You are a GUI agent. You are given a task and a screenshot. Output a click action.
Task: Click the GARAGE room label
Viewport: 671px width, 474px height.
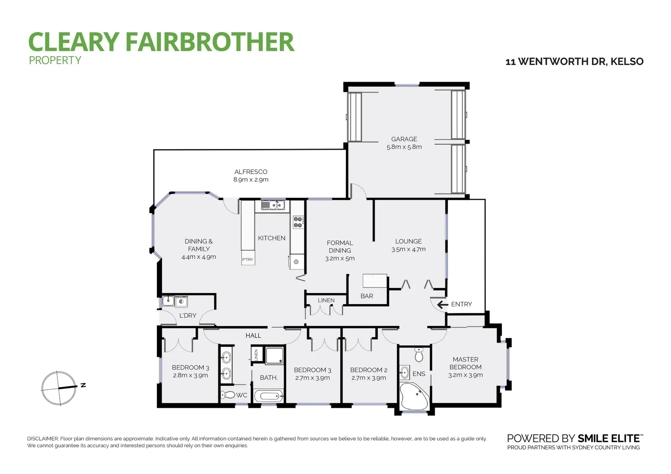pyautogui.click(x=404, y=139)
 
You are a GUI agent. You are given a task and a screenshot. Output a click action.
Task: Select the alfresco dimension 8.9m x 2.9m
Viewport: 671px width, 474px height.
pyautogui.click(x=251, y=180)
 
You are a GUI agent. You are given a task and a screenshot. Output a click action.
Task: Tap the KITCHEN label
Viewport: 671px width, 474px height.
pyautogui.click(x=271, y=238)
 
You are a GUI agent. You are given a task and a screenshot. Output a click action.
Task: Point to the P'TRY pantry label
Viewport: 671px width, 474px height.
pyautogui.click(x=248, y=259)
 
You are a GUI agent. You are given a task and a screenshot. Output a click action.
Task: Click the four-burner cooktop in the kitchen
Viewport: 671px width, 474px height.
pyautogui.click(x=298, y=222)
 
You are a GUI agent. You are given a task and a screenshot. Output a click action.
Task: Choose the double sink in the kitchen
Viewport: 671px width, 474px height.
pyautogui.click(x=273, y=205)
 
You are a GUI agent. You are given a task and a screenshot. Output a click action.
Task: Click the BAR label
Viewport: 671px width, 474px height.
pyautogui.click(x=367, y=296)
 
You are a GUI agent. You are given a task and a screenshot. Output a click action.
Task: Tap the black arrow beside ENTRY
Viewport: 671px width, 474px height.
pyautogui.click(x=443, y=304)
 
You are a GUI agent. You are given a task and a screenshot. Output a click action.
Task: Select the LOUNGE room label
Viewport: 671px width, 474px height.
pyautogui.click(x=408, y=241)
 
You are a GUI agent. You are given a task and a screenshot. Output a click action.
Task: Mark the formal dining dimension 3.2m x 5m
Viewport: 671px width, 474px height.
pyautogui.click(x=340, y=259)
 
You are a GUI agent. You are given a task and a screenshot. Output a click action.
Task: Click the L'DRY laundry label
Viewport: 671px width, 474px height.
pyautogui.click(x=188, y=316)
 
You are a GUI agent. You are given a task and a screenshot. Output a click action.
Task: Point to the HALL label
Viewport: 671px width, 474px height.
pyautogui.click(x=253, y=335)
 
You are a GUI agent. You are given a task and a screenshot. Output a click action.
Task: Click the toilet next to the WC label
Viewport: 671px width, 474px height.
pyautogui.click(x=228, y=395)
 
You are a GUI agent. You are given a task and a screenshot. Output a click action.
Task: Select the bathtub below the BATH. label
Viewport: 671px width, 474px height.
pyautogui.click(x=269, y=396)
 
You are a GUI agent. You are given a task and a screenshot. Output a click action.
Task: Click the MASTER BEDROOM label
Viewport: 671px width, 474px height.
pyautogui.click(x=465, y=363)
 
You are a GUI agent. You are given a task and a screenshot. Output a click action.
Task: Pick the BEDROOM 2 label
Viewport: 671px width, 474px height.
pyautogui.click(x=369, y=370)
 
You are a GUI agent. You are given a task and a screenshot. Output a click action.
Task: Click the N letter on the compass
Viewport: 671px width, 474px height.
pyautogui.click(x=83, y=385)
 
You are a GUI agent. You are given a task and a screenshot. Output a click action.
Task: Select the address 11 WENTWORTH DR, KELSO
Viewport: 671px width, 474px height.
pyautogui.click(x=574, y=61)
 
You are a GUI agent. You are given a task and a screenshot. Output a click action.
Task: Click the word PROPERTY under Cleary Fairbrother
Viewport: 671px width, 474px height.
pyautogui.click(x=55, y=61)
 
